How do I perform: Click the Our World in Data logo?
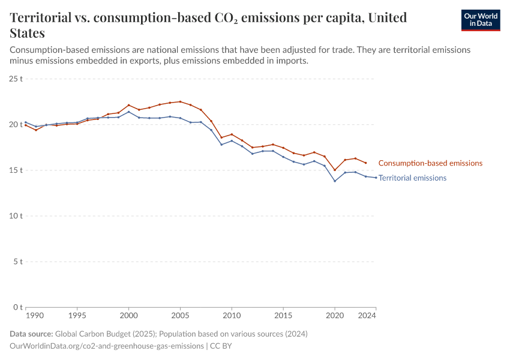coord(480,20)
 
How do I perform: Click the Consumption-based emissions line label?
coord(430,163)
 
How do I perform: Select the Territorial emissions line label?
coord(412,178)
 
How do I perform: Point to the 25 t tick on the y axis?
coord(16,79)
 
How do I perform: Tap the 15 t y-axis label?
coord(16,170)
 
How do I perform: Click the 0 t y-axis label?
coord(18,307)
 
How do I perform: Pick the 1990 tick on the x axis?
coord(34,315)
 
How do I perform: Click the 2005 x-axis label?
coord(180,315)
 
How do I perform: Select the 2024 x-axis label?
coord(367,315)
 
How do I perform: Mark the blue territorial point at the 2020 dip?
coord(335,181)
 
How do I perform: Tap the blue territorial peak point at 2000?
coord(128,112)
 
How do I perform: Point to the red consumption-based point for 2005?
coord(180,101)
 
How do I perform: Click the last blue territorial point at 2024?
coord(376,178)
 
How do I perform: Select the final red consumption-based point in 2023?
coord(365,163)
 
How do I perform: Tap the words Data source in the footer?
coord(31,334)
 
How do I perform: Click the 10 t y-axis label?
coord(16,216)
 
